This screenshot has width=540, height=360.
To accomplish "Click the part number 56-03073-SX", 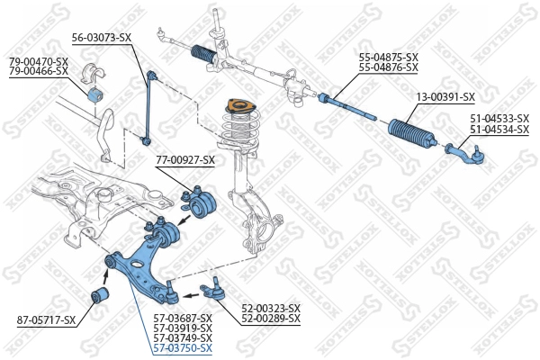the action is tap(102, 38).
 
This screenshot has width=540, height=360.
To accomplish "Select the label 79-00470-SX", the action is tap(39, 62).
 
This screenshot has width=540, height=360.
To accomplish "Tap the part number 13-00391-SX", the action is tap(445, 97).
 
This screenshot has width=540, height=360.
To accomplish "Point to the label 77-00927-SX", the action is tap(185, 160).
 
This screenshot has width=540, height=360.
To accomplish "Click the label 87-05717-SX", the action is tap(46, 320).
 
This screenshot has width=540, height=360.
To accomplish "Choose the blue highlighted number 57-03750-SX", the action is tap(183, 348).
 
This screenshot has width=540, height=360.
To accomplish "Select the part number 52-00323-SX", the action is tap(271, 308).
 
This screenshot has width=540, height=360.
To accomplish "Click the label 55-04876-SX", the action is tap(389, 67).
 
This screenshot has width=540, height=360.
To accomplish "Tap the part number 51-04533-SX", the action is tap(499, 119).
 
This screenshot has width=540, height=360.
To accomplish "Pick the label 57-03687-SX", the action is tap(183, 319).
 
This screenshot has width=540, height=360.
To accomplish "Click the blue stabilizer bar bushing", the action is tap(95, 95).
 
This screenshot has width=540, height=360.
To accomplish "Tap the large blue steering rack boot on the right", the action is tap(412, 133).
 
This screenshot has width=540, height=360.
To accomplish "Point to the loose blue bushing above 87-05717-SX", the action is tap(100, 295).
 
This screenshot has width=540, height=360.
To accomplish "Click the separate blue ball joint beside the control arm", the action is tap(213, 290).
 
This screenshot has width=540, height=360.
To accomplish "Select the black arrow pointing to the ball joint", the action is tap(191, 295).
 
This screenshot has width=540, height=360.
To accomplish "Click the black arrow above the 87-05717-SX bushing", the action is tap(106, 275).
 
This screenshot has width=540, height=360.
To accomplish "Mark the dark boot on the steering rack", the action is tap(204, 54).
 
